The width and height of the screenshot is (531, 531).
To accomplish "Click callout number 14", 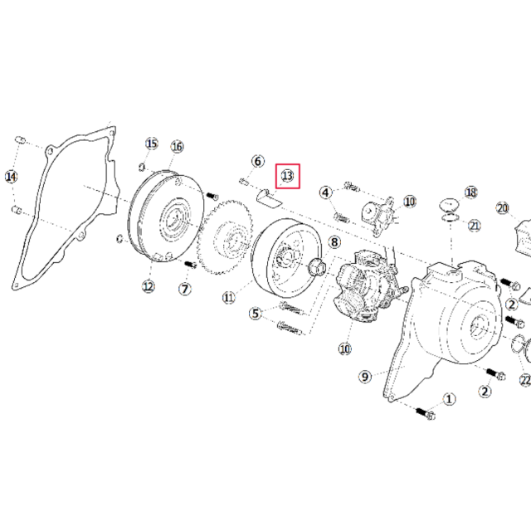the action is pyautogui.click(x=11, y=177).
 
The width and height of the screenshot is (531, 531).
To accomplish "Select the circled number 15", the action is pyautogui.click(x=152, y=144).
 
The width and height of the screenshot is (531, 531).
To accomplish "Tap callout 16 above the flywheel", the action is pyautogui.click(x=177, y=147).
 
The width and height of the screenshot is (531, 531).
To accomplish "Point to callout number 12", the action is pyautogui.click(x=149, y=286).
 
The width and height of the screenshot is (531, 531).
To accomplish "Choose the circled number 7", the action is pyautogui.click(x=185, y=289).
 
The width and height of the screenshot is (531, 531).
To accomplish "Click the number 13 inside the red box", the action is pyautogui.click(x=288, y=176).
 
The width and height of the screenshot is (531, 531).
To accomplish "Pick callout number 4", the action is pyautogui.click(x=326, y=192).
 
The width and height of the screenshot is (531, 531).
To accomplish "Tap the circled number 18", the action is pyautogui.click(x=471, y=192).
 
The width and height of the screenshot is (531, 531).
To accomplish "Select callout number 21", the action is pyautogui.click(x=475, y=225).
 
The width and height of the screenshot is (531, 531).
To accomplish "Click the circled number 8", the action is pyautogui.click(x=334, y=242).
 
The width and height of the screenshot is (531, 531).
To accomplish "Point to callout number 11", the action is pyautogui.click(x=229, y=298).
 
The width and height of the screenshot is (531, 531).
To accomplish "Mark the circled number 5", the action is pyautogui.click(x=256, y=314).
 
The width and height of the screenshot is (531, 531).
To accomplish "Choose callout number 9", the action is pyautogui.click(x=365, y=377).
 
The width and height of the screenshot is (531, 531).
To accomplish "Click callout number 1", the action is pyautogui.click(x=449, y=399).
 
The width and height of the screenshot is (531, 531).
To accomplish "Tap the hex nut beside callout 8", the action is pyautogui.click(x=317, y=266).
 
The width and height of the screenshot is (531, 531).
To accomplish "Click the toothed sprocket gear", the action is pyautogui.click(x=225, y=237).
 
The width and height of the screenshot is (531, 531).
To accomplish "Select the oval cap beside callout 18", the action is pyautogui.click(x=449, y=205).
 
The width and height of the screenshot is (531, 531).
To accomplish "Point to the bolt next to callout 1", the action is pyautogui.click(x=426, y=413).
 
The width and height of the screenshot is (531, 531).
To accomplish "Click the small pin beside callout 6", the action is pyautogui.click(x=244, y=182).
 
